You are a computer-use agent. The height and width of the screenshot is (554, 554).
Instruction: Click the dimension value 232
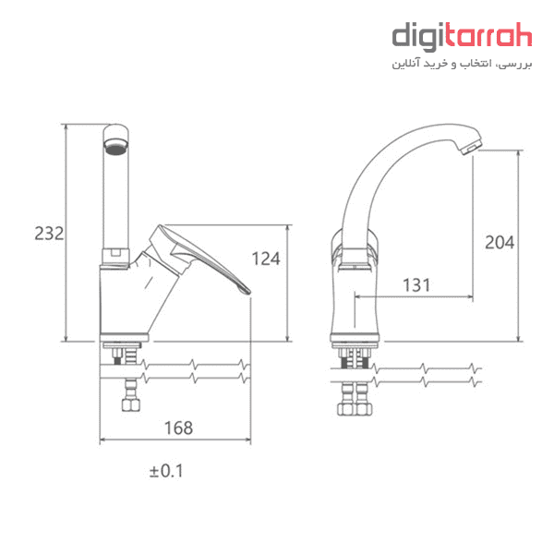click(x=49, y=234)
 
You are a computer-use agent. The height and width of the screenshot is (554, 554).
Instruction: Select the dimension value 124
click(x=266, y=259)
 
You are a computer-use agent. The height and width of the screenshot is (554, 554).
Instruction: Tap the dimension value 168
click(x=179, y=428)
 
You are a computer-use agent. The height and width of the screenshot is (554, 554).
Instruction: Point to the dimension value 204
click(x=500, y=242)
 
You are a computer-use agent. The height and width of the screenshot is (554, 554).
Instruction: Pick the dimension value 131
click(x=416, y=285)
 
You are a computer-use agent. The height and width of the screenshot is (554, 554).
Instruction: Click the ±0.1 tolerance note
click(x=166, y=471)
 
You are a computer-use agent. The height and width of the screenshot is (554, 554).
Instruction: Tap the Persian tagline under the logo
click(x=462, y=64)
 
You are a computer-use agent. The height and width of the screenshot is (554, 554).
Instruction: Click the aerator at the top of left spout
click(x=116, y=148)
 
